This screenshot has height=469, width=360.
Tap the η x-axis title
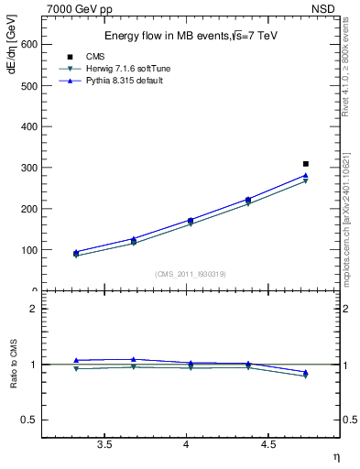[x=335, y=457]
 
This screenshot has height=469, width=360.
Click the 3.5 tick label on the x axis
[x=105, y=445]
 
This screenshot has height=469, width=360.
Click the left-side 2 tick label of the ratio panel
[x=35, y=309]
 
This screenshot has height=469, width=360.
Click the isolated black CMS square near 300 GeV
[x=306, y=164]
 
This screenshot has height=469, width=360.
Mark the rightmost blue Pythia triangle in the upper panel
[x=306, y=175]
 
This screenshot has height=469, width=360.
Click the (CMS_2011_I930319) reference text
[x=187, y=274]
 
